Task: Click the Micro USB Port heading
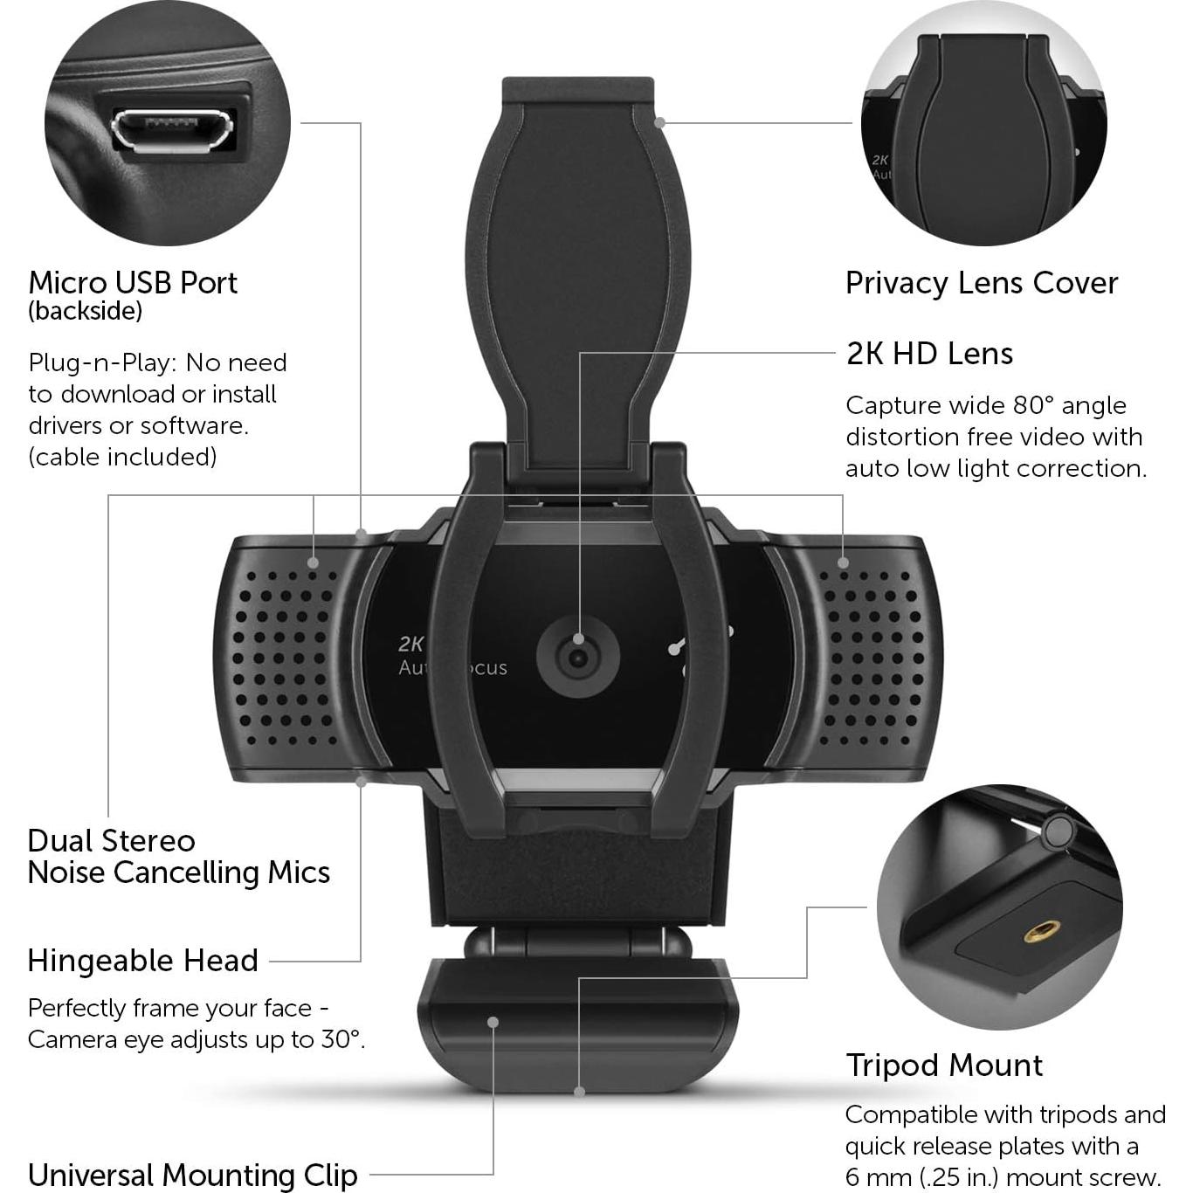(x=133, y=283)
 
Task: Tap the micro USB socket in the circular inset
(x=171, y=130)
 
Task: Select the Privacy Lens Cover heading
(x=981, y=283)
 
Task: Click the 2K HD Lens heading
(x=929, y=354)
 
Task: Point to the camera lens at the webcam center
(x=577, y=657)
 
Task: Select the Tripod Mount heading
(x=943, y=1065)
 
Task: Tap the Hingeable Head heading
(x=142, y=961)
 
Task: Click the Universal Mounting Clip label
(x=192, y=1175)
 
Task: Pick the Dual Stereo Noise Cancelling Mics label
(x=178, y=857)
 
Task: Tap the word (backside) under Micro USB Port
(x=85, y=312)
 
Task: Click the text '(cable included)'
(x=122, y=457)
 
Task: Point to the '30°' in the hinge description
(x=342, y=1039)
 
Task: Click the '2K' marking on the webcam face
(x=410, y=645)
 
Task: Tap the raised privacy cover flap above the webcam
(x=577, y=262)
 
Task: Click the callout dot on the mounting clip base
(x=493, y=1022)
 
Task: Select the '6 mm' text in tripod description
(x=879, y=1176)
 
